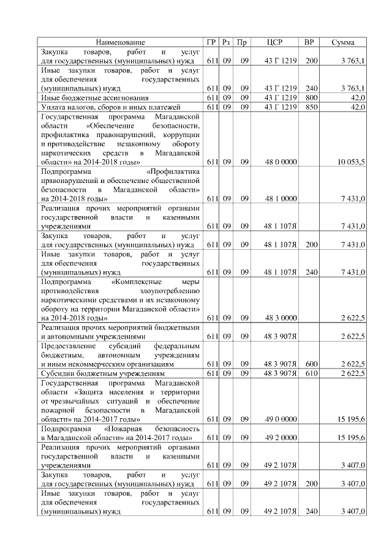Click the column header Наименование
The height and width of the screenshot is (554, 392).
click(121, 42)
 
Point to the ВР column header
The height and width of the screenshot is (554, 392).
click(311, 42)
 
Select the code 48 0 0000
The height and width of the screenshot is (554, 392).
click(281, 162)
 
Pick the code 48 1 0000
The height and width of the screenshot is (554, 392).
click(281, 198)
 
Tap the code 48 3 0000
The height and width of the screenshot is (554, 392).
click(281, 318)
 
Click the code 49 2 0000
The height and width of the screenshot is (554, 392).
click(281, 438)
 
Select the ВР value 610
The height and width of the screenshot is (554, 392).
click(311, 373)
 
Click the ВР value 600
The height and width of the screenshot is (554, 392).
click(311, 364)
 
